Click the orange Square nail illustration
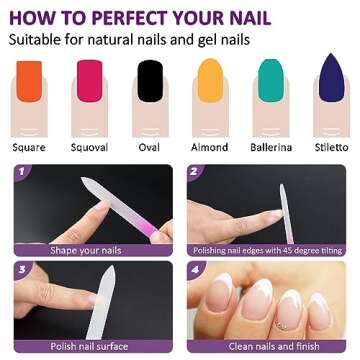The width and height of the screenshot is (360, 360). point(29,81)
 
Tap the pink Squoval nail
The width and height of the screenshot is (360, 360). point(89,81)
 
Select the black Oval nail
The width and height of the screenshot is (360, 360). point(150,81)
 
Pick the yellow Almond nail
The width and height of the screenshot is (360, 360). point(210,80)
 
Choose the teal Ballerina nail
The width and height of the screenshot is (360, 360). point(271,80)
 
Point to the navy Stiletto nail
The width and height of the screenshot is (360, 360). point(331,77)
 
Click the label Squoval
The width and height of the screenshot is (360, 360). point(89,147)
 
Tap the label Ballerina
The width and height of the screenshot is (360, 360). point(271,147)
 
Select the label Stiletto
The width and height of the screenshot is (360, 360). point(331,147)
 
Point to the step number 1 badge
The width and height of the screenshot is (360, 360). point(22,172)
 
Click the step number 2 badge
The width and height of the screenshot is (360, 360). point(195,172)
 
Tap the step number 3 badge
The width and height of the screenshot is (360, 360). point(22,269)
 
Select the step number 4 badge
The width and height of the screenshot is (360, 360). point(195,269)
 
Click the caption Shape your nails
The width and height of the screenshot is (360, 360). point(86,250)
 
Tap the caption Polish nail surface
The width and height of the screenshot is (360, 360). point(89,346)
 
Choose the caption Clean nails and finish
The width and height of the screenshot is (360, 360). point(274,346)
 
